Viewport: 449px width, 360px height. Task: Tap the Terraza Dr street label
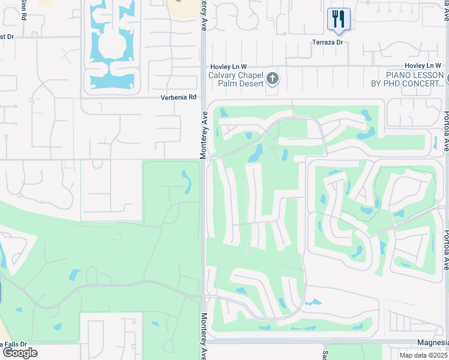327,42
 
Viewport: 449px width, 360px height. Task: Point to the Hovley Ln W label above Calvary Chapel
228,66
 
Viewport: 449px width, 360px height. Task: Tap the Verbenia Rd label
178,97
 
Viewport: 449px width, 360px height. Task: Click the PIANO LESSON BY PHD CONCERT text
414,79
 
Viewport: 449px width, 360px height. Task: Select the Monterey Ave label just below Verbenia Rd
203,135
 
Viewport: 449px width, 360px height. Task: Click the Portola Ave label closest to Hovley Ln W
447,129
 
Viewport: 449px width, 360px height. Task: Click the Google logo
19,353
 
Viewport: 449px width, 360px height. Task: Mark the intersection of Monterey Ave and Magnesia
204,341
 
